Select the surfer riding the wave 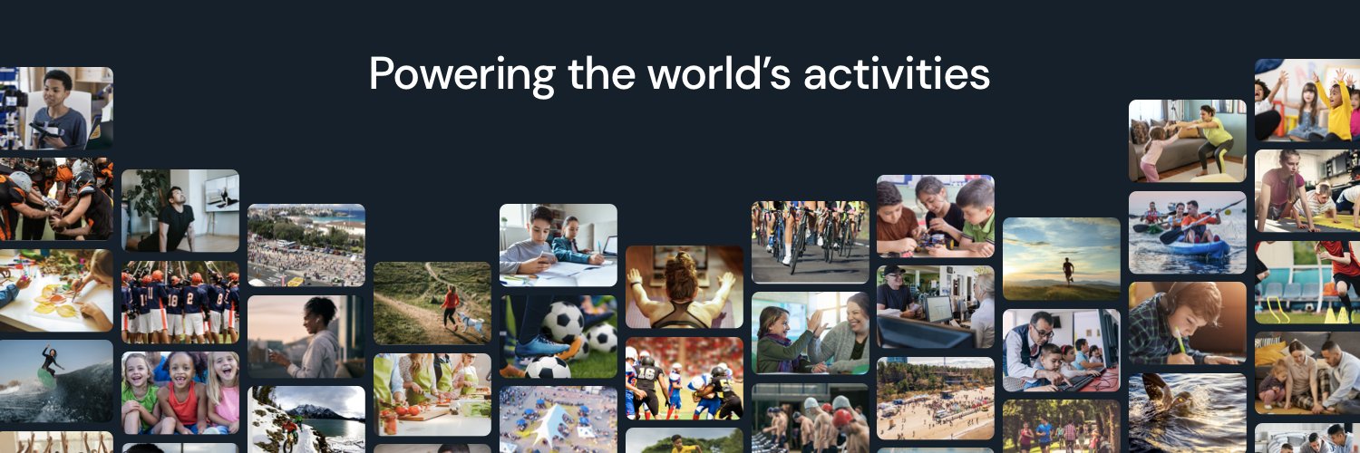50,363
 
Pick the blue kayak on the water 1197,247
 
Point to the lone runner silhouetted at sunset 1068,269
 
